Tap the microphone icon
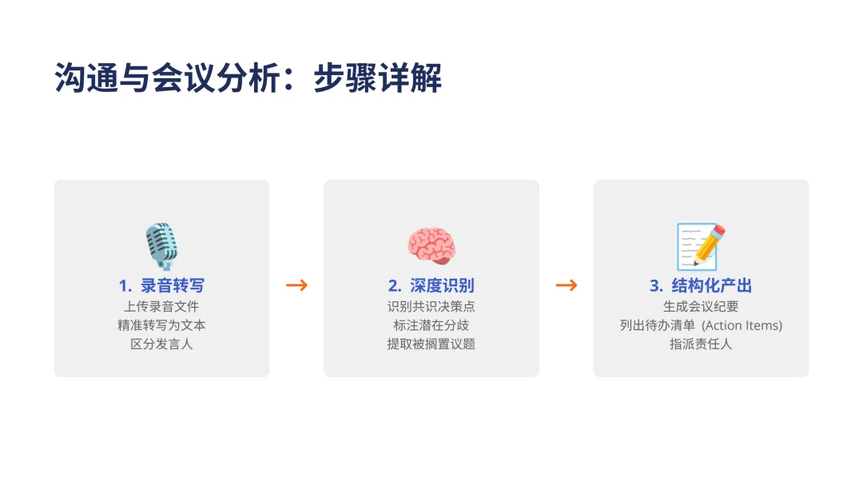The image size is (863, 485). (x=161, y=246)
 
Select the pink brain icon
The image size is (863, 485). (x=431, y=246)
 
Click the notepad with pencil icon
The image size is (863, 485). (x=701, y=246)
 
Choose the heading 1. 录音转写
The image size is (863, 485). (x=161, y=286)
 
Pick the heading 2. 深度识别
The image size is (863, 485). (x=431, y=286)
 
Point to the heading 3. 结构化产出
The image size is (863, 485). (x=701, y=286)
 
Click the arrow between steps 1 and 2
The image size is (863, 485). (x=296, y=285)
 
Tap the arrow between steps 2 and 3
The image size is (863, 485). (x=566, y=285)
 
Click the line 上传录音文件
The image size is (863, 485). (x=161, y=306)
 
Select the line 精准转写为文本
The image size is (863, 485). (x=161, y=325)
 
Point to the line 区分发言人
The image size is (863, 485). (x=161, y=344)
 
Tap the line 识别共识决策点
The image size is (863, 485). (x=431, y=306)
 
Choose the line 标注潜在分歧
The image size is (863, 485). (x=431, y=325)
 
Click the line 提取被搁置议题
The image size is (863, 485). (x=431, y=344)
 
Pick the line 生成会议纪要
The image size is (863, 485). (x=701, y=306)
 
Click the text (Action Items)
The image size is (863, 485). (x=742, y=325)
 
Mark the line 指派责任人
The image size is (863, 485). (x=701, y=344)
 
